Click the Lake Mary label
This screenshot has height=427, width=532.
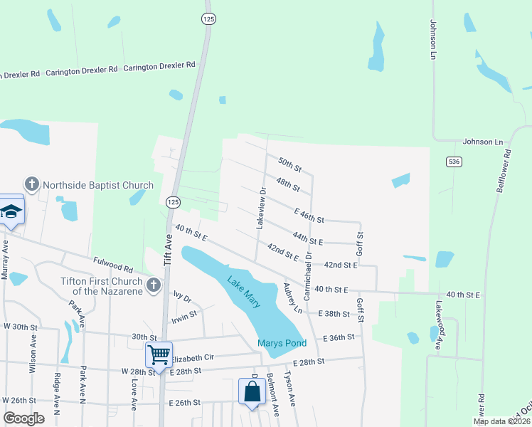click(243, 292)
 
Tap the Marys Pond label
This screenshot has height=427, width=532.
click(282, 343)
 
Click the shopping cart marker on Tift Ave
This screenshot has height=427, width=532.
click(159, 352)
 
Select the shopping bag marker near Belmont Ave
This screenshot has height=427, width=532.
click(252, 391)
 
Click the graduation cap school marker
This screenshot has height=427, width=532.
click(11, 210)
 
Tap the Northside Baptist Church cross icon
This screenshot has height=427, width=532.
click(31, 185)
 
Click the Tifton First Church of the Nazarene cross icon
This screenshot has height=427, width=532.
click(153, 285)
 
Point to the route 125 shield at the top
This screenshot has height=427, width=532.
click(208, 19)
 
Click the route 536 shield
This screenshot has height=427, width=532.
click(453, 162)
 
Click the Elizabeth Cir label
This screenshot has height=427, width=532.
click(201, 358)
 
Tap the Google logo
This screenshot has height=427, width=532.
click(23, 418)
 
